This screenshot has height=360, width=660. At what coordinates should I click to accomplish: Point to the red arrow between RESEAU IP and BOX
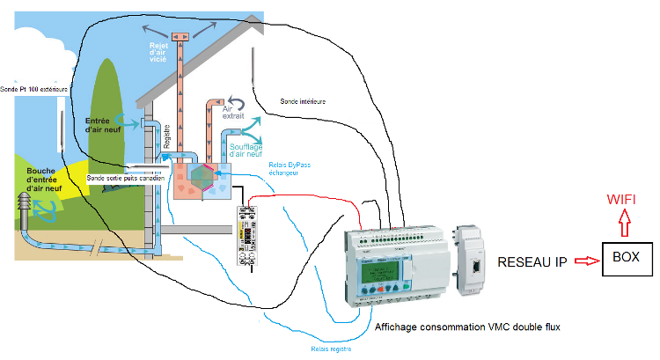(x=577, y=261)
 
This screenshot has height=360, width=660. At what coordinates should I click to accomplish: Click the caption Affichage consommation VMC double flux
(x=466, y=327)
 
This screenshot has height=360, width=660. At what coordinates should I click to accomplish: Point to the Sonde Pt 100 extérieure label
(x=35, y=89)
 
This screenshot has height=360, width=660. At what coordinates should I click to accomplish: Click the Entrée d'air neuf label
(x=104, y=125)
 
